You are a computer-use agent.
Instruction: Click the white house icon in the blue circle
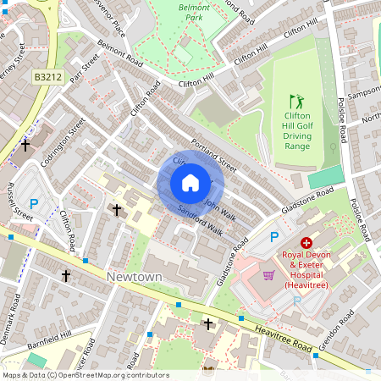(190, 183)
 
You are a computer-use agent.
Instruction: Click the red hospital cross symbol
(306, 242)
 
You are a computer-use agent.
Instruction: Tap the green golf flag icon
(295, 101)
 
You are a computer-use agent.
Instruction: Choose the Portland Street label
(213, 151)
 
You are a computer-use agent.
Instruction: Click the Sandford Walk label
(200, 219)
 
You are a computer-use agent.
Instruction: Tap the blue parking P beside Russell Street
(34, 204)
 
